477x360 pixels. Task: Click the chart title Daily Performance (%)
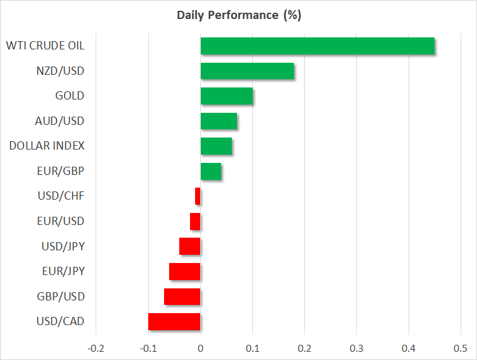[238, 15]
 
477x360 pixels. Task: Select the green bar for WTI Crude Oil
[317, 46]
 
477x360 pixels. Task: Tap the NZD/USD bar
[247, 71]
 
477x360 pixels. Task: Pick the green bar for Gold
[227, 96]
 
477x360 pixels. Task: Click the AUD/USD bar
[219, 120]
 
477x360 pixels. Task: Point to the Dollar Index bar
[216, 146]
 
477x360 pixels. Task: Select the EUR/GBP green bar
[211, 171]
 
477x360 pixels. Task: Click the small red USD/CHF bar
[198, 196]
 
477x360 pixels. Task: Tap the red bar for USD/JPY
[190, 246]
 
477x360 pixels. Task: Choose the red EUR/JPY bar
[185, 271]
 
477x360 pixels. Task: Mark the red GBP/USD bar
[182, 296]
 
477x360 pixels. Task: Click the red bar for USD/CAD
[174, 321]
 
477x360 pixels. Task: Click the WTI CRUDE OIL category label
[45, 46]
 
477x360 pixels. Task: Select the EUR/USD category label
[60, 221]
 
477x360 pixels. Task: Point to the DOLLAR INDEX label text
[47, 146]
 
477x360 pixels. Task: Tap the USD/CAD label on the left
[60, 321]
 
